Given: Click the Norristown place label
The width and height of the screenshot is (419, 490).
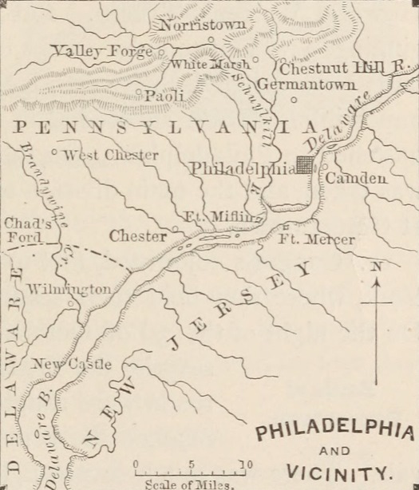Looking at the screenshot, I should tap(203, 26).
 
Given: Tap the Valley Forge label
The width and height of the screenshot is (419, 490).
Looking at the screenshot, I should tap(101, 51).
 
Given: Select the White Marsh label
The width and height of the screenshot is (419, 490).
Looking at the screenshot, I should tap(211, 64).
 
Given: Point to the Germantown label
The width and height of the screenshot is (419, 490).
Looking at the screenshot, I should tap(306, 83).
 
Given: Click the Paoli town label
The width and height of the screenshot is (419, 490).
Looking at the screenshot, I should tap(164, 95).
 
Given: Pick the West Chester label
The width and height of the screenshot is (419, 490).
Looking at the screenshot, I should tap(111, 155).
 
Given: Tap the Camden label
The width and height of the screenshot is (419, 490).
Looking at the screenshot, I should tap(356, 179).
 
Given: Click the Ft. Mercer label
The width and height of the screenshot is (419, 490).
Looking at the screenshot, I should tap(317, 239).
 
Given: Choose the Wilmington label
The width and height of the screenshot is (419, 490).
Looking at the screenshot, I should tap(69, 289).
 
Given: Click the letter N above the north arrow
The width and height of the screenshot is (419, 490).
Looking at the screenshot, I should tap(376, 267).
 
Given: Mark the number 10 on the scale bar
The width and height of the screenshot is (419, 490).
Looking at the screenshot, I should tap(246, 464).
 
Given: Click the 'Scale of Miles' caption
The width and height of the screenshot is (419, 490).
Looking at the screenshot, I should tap(190, 484).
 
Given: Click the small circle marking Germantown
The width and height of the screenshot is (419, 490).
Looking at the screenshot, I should tap(293, 99).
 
